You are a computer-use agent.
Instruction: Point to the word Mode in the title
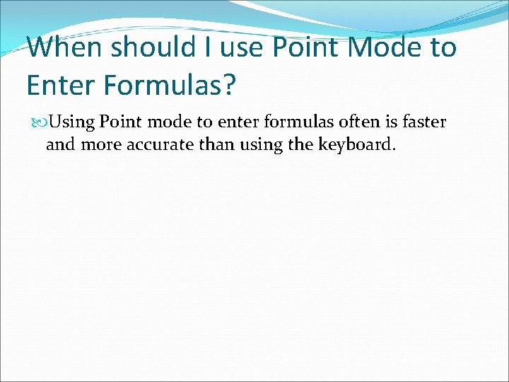tap(385, 48)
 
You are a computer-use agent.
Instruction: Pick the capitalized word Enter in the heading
tap(57, 86)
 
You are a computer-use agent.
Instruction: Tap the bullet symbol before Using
tap(37, 122)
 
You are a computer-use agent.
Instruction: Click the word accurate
tap(148, 146)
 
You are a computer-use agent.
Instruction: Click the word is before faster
tap(392, 122)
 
